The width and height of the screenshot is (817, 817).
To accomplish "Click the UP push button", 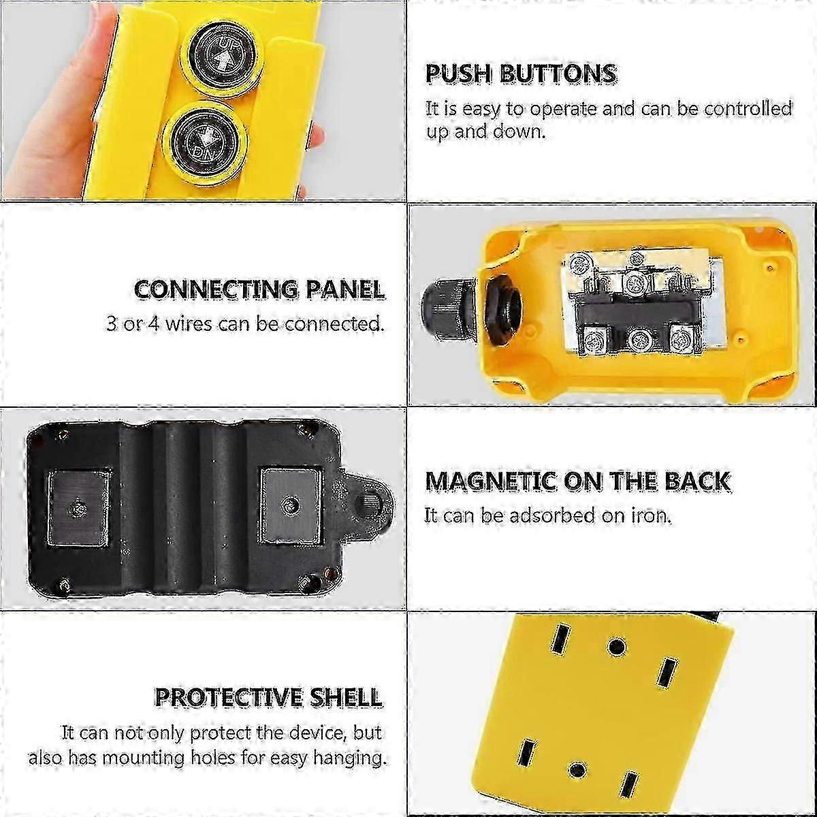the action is (x=222, y=57).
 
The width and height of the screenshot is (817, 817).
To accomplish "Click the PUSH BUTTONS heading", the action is (x=521, y=74).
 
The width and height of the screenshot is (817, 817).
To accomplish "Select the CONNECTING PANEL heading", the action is (x=259, y=290).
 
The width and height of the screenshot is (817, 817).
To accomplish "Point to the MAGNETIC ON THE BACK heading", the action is (x=578, y=481).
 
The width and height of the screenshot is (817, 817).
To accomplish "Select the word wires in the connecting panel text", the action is (x=188, y=324).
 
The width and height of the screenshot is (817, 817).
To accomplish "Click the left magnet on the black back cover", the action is (x=79, y=507).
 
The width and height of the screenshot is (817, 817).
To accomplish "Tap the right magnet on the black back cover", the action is (x=291, y=504).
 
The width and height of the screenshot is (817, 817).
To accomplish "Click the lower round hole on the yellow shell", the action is (x=577, y=769).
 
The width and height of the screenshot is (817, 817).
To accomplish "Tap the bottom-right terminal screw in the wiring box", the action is (x=682, y=339).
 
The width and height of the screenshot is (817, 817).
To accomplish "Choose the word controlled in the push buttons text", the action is (x=748, y=110).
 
